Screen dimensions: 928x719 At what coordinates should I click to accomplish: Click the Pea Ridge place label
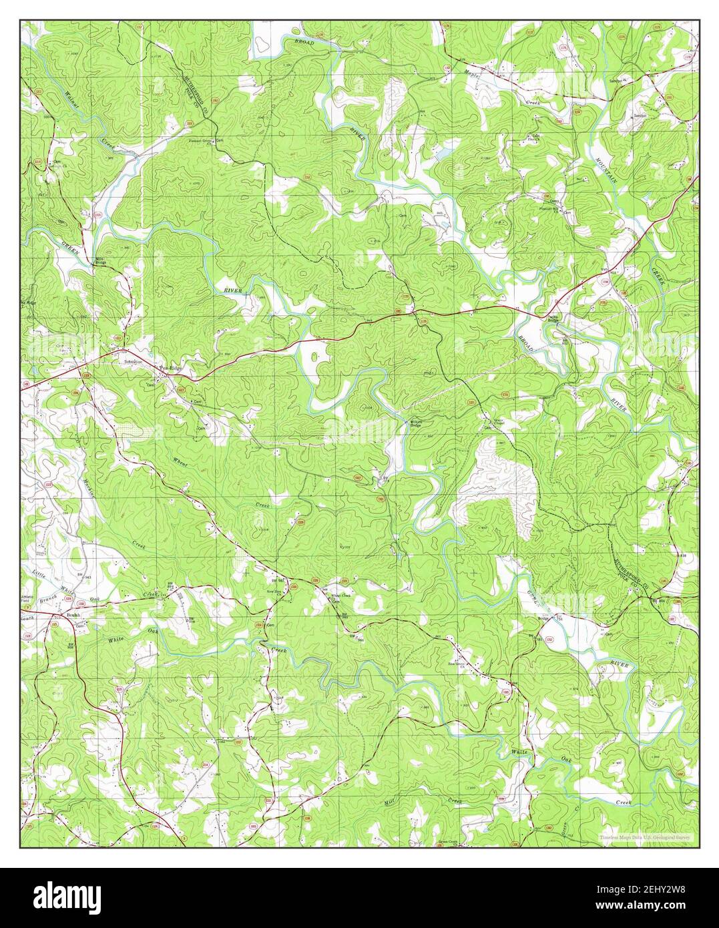(170, 367)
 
